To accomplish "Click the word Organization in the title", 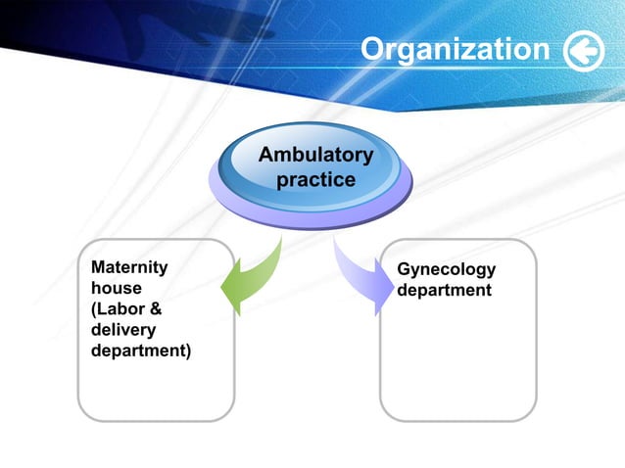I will coord(455,50).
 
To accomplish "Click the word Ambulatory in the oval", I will coord(314,156).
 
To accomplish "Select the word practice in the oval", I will coord(315,180).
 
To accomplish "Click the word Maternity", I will coord(128,267).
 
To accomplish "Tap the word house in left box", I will coord(116,288).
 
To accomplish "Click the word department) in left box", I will coord(140,351).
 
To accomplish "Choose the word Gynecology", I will coord(446,270).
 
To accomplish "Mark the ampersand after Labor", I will coord(155,308).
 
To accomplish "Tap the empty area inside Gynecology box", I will coord(457,362).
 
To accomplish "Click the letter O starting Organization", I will coord(372,50).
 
